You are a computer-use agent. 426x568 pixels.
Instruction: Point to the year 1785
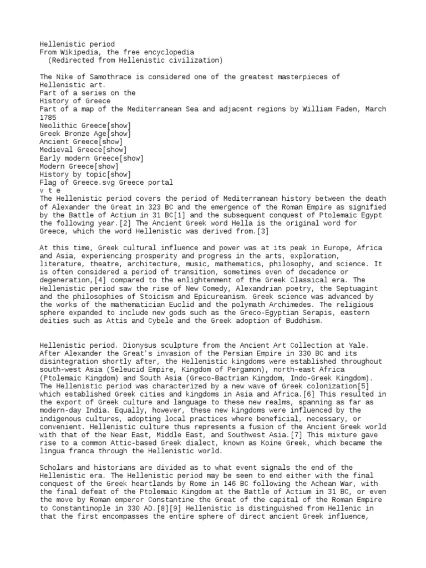tap(48, 118)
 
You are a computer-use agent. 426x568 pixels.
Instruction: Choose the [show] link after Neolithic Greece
tap(114, 126)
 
